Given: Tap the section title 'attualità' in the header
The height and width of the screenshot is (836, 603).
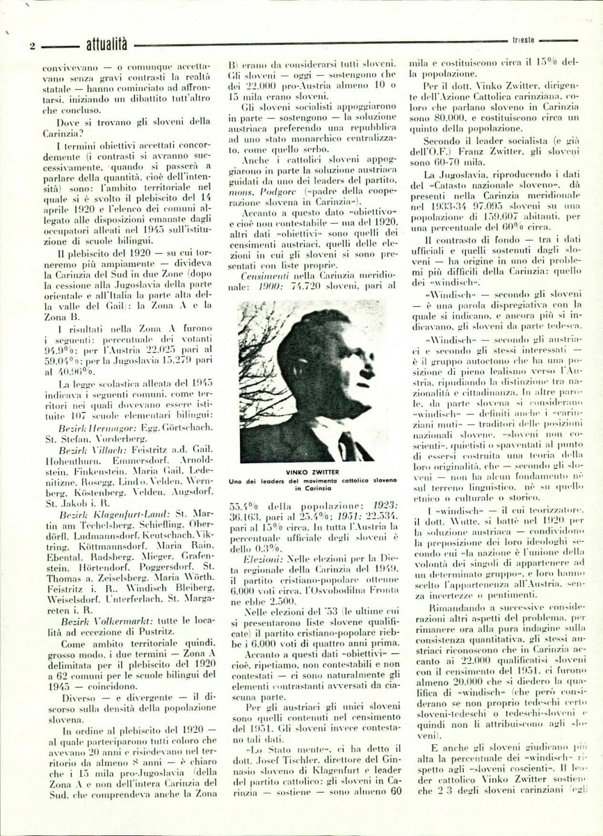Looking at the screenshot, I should pos(107,43).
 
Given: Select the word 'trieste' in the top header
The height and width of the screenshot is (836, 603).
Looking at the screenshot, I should pos(523,40).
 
